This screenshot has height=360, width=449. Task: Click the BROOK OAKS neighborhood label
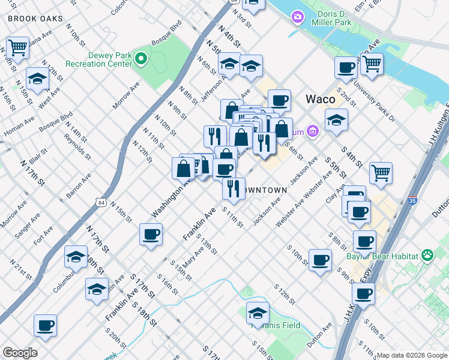tap(35, 19)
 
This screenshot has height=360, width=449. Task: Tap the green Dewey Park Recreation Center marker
tap(141, 59)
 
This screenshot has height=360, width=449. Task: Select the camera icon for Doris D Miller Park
tap(297, 18)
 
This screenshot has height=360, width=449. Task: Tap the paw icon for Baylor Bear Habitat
tap(427, 256)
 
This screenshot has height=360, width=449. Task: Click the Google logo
tap(20, 353)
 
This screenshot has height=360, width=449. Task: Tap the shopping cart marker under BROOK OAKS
tap(17, 47)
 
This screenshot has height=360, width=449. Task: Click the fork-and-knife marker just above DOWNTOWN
tap(234, 187)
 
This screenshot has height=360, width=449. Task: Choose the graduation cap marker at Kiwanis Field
tap(258, 313)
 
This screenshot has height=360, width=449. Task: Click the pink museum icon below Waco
tap(312, 130)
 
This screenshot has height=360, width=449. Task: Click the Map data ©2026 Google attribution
tap(412, 355)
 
